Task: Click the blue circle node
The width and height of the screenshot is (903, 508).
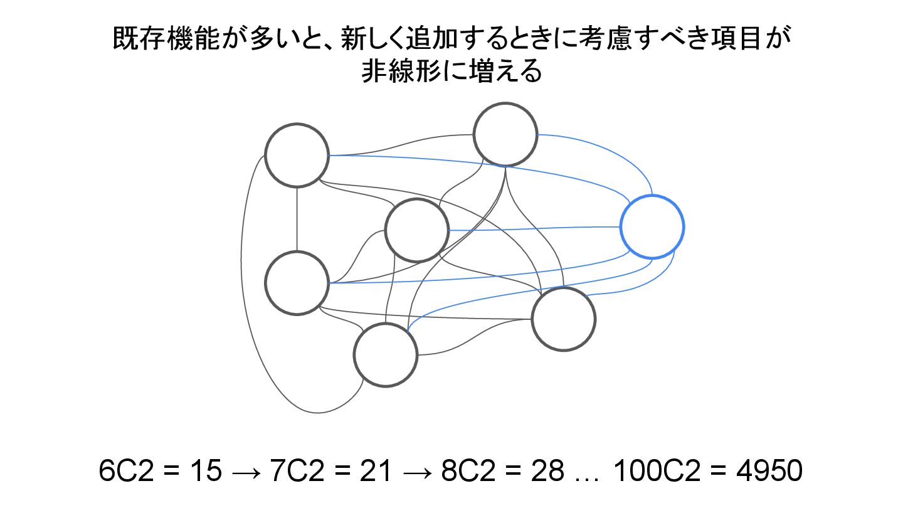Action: tap(652, 227)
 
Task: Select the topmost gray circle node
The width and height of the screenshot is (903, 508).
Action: tap(505, 135)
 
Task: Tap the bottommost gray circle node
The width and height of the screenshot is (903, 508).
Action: tap(385, 355)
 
